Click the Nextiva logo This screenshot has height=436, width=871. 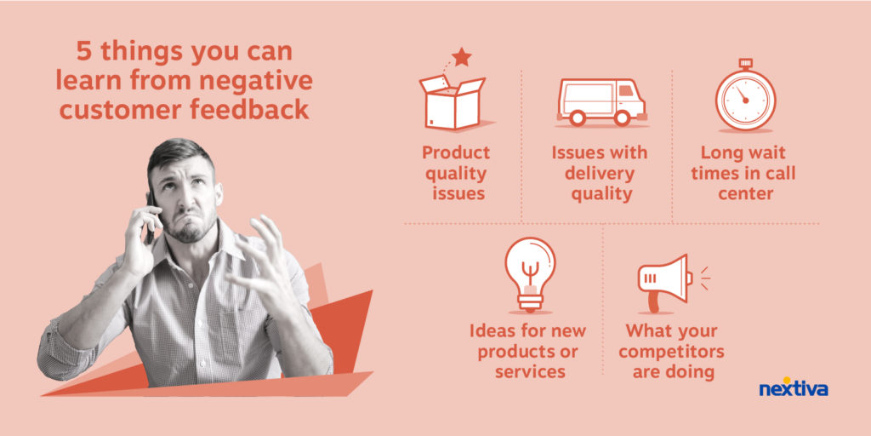pyautogui.click(x=794, y=387)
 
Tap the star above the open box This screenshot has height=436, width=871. pyautogui.click(x=462, y=57)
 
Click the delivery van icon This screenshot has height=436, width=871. pyautogui.click(x=601, y=102)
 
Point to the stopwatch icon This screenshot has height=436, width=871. pyautogui.click(x=745, y=95)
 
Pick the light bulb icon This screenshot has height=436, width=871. pyautogui.click(x=530, y=273)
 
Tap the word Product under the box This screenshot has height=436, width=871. pyautogui.click(x=456, y=152)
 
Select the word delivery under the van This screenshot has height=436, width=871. pyautogui.click(x=600, y=174)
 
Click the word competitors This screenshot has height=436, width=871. pyautogui.click(x=672, y=352)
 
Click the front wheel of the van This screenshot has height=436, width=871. pyautogui.click(x=622, y=118)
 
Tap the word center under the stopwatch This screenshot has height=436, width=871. pyautogui.click(x=745, y=194)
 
